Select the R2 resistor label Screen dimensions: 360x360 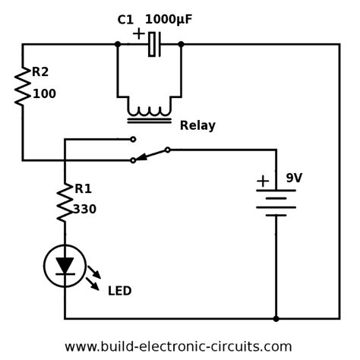(40, 72)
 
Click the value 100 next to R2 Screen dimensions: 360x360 (44, 94)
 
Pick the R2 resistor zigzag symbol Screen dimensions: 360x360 (23, 85)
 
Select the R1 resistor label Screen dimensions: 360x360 (83, 189)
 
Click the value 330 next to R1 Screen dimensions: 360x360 (84, 210)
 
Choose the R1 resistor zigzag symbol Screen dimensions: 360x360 (65, 202)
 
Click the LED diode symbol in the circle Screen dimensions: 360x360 (65, 266)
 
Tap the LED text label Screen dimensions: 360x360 (119, 291)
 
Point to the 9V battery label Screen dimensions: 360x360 (293, 178)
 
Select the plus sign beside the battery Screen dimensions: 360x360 (263, 181)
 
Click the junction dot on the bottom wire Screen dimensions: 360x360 (276, 318)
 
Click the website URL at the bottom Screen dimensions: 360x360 (178, 346)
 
